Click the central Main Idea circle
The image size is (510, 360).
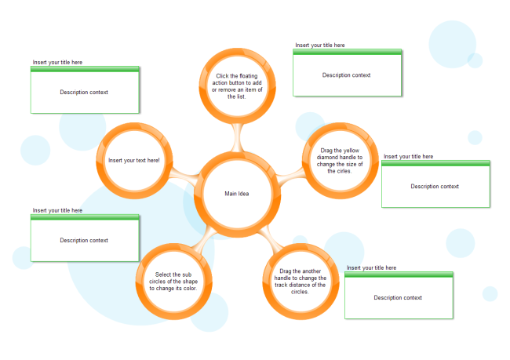pos(236,194)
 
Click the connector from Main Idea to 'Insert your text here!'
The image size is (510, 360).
pos(182,176)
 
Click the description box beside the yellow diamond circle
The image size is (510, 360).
pos(435,187)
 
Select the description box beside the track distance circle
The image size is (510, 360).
pos(399,297)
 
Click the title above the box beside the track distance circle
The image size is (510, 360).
pos(371,267)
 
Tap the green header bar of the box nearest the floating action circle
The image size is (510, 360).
pos(348,52)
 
